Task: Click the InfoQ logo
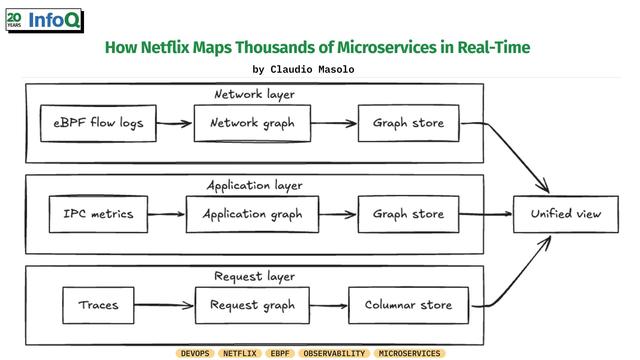44,20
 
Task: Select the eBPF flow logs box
98,123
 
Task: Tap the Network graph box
252,123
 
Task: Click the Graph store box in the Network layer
409,123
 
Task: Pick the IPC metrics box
98,214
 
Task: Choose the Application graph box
252,214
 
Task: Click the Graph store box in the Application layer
409,214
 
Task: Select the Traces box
98,305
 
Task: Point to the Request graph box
252,305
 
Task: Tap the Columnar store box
409,305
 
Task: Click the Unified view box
566,214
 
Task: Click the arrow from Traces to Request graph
164,305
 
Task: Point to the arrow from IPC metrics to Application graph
167,214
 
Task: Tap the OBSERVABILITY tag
334,353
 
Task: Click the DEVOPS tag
195,353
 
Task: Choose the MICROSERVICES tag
409,353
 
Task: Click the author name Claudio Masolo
312,69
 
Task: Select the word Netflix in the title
165,47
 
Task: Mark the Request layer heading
254,277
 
